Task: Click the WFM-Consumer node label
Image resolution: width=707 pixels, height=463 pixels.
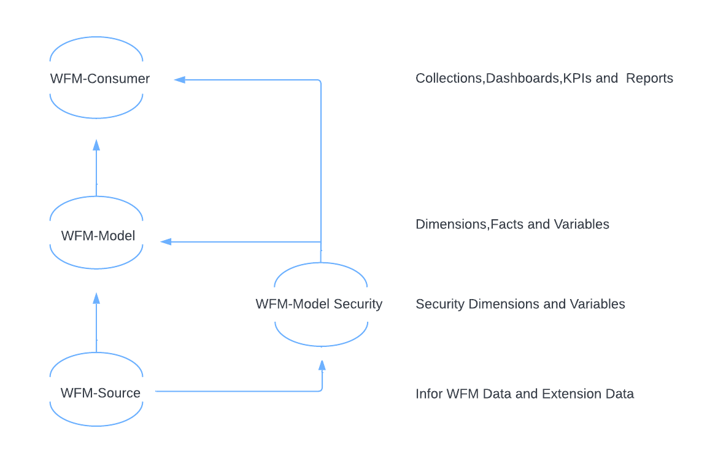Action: tap(99, 79)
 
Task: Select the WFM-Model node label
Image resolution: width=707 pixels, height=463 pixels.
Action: tap(98, 236)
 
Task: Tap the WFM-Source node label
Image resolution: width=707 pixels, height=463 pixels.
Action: tap(100, 393)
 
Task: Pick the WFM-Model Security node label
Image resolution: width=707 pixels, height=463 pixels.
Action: tap(319, 304)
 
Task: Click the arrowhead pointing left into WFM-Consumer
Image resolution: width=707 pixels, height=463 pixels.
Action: tap(179, 79)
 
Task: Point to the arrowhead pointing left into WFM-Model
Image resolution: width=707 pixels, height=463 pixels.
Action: tap(166, 242)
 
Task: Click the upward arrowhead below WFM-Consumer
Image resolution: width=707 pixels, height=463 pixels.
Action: tap(96, 145)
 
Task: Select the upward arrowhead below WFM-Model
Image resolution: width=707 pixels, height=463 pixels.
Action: tap(96, 298)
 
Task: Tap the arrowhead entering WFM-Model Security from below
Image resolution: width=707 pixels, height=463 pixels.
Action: tap(322, 365)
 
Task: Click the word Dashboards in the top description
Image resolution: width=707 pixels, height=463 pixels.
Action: tap(522, 79)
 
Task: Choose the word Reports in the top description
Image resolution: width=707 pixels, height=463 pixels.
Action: tap(649, 79)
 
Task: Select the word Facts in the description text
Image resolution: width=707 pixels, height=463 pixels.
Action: tap(507, 224)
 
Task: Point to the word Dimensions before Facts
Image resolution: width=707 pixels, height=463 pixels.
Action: tap(450, 224)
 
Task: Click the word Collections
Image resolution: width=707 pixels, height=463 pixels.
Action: tap(449, 79)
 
